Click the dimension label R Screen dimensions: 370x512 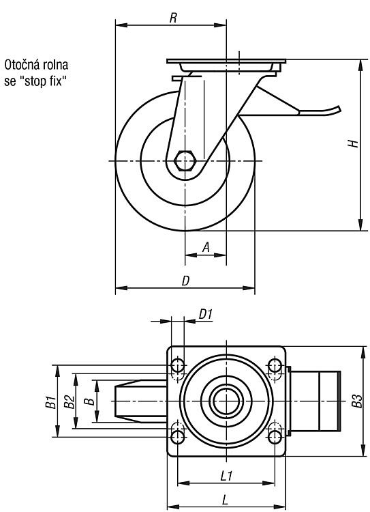click(x=173, y=18)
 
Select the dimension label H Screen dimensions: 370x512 click(x=353, y=143)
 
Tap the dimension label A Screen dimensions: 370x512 click(x=206, y=247)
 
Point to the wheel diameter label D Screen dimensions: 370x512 click(x=185, y=281)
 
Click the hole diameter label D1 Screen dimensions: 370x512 click(x=206, y=315)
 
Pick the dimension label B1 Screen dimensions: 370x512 click(x=50, y=401)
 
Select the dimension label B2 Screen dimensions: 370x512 click(x=69, y=401)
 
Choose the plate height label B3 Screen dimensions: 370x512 click(x=357, y=401)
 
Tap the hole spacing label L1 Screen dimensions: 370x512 click(x=226, y=476)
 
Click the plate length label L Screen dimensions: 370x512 click(x=225, y=500)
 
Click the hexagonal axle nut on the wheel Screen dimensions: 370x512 click(x=185, y=160)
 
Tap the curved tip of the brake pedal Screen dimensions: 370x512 click(x=338, y=109)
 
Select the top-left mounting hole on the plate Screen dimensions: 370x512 click(x=178, y=365)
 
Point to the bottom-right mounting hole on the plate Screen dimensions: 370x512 click(x=275, y=437)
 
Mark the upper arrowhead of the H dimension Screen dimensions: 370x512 click(x=360, y=65)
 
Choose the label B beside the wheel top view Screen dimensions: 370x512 click(x=89, y=401)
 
